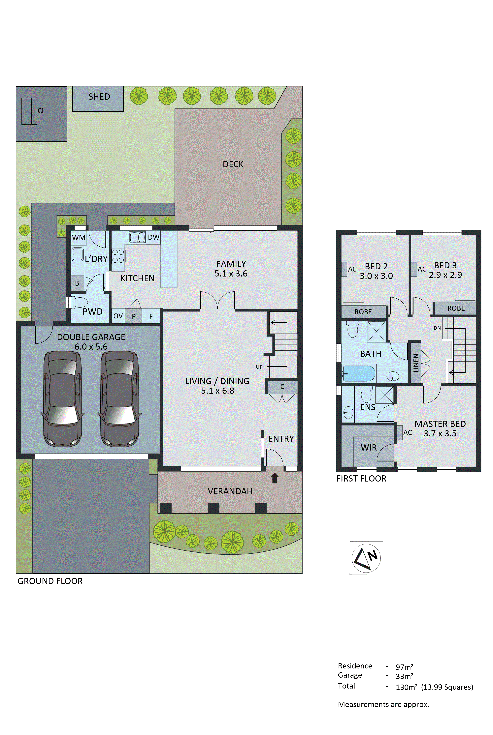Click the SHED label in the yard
[99, 97]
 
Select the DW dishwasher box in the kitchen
[153, 237]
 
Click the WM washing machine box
[79, 237]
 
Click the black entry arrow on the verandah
[275, 478]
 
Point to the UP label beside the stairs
[259, 367]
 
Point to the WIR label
[369, 447]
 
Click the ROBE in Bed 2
[363, 312]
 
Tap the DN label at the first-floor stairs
[437, 328]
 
